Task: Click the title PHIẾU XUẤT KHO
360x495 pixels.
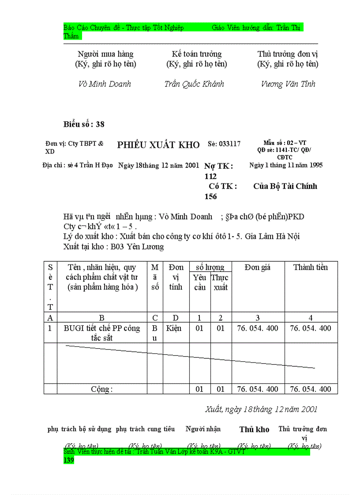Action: (x=158, y=145)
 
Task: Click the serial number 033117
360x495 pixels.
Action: (x=224, y=144)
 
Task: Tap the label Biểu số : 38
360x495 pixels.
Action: (x=84, y=124)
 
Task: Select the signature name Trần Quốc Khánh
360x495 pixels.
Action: (x=194, y=84)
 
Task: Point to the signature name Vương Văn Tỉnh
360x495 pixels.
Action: (x=288, y=84)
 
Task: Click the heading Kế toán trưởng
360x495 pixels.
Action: (x=197, y=54)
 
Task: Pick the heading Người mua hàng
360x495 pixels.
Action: (x=105, y=54)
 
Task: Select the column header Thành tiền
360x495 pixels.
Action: (x=311, y=267)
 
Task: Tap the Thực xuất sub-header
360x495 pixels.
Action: (x=220, y=283)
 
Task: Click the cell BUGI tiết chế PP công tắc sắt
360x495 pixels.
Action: (x=102, y=333)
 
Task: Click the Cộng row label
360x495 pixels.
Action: (x=102, y=389)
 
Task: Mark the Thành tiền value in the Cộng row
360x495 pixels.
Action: (x=311, y=389)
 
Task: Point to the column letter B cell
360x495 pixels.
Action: (x=102, y=318)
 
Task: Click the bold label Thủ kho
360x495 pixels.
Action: (x=254, y=429)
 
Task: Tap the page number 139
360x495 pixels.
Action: (x=69, y=460)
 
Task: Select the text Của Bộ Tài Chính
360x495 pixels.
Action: (x=285, y=186)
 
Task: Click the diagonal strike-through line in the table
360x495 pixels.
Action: (x=190, y=356)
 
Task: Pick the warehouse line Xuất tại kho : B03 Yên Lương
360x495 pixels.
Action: (x=113, y=247)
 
